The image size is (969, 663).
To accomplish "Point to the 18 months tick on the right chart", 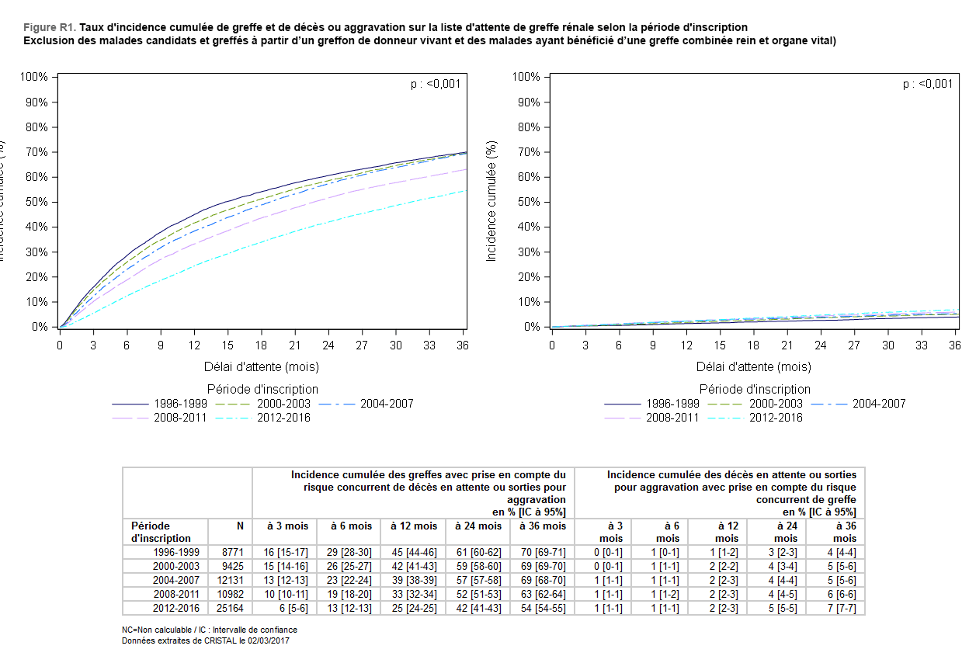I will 752,344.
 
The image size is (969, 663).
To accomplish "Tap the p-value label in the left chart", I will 436,84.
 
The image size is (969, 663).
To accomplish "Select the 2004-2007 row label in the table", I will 176,580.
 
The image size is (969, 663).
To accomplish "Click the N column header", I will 240,526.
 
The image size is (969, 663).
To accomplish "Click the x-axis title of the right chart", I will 754,366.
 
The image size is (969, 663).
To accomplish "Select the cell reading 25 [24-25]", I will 412,608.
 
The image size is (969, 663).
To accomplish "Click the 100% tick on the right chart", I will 526,77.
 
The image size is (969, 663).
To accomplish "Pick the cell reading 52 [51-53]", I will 477,594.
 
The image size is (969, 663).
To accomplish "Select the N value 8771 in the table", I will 232,552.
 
